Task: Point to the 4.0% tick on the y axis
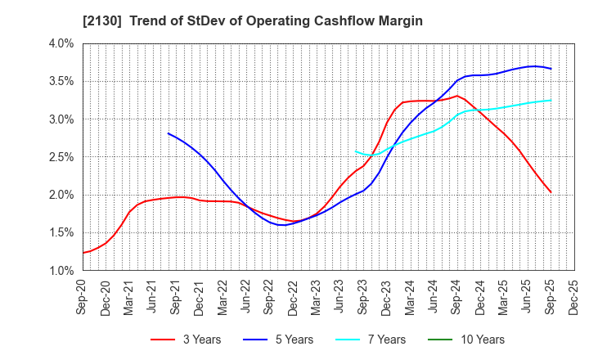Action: click(x=61, y=43)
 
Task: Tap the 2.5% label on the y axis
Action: click(x=61, y=157)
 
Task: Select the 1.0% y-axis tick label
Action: click(x=61, y=270)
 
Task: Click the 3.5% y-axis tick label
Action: click(x=61, y=81)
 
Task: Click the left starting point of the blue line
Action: click(x=168, y=133)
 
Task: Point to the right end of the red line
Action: click(x=551, y=192)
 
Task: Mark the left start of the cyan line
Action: click(x=355, y=151)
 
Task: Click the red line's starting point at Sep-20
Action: click(x=83, y=253)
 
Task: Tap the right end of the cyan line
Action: click(x=551, y=101)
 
